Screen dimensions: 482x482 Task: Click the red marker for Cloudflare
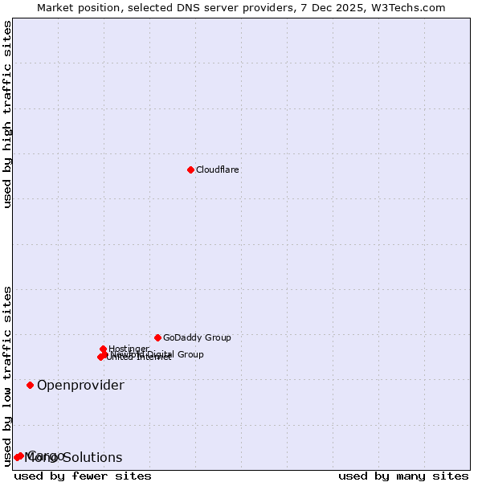click(190, 170)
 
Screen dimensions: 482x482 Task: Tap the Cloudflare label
click(218, 170)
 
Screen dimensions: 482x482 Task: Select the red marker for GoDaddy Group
click(157, 337)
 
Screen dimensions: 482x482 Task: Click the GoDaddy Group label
click(197, 337)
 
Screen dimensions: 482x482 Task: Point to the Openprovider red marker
click(31, 385)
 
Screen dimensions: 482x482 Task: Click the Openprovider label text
click(80, 385)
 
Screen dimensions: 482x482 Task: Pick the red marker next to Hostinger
click(104, 349)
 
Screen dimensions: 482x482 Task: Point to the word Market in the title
click(58, 8)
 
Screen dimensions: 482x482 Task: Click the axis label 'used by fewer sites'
click(83, 476)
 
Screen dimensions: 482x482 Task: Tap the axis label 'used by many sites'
click(403, 476)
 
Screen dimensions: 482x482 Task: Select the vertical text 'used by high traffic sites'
click(8, 115)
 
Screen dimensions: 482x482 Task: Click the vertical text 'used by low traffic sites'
click(8, 375)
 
